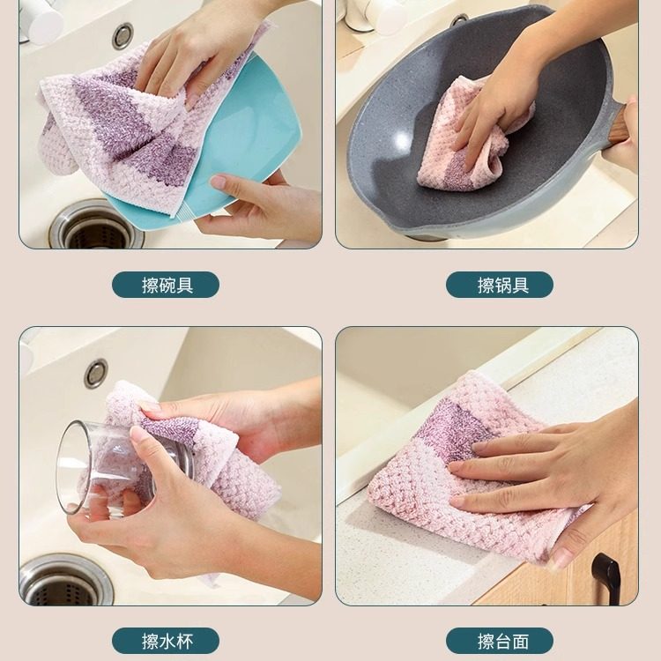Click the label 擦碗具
tap(166, 285)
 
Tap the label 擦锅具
tap(500, 285)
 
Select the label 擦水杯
tap(166, 641)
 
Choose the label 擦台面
tap(500, 641)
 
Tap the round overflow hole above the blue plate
tap(123, 35)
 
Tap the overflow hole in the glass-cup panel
tap(96, 373)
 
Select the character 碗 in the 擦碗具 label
tap(166, 285)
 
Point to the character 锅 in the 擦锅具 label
tap(500, 285)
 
